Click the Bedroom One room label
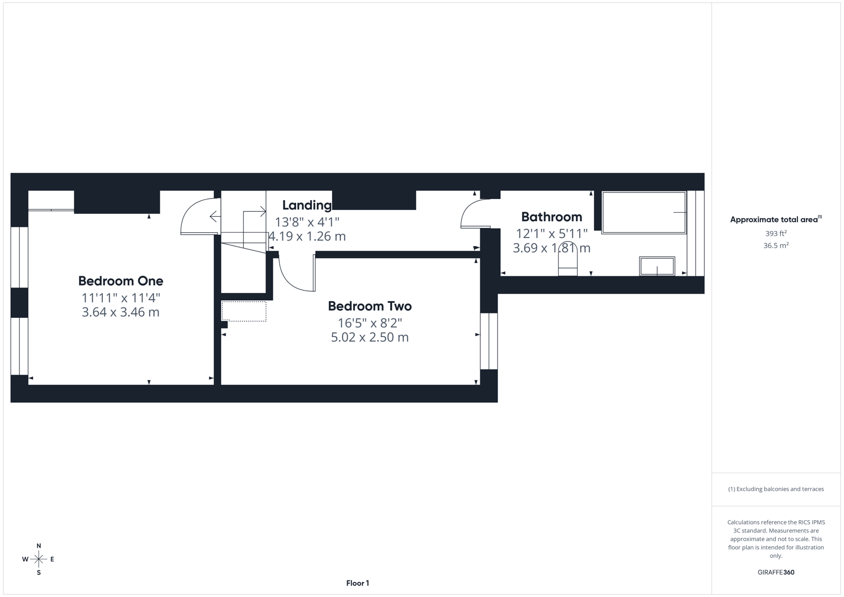point(120,281)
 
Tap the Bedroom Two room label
point(369,306)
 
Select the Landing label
point(307,205)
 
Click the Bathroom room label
point(551,217)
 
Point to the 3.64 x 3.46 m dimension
point(120,312)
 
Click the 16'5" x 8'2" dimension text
point(369,323)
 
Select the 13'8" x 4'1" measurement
point(307,222)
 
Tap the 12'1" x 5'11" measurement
point(551,234)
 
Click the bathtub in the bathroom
point(643,213)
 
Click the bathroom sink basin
point(657,266)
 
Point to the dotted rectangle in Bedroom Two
point(244,311)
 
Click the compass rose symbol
point(39,559)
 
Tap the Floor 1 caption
point(358,583)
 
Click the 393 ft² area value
point(775,234)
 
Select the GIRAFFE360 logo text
point(775,573)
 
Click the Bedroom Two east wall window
point(489,341)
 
